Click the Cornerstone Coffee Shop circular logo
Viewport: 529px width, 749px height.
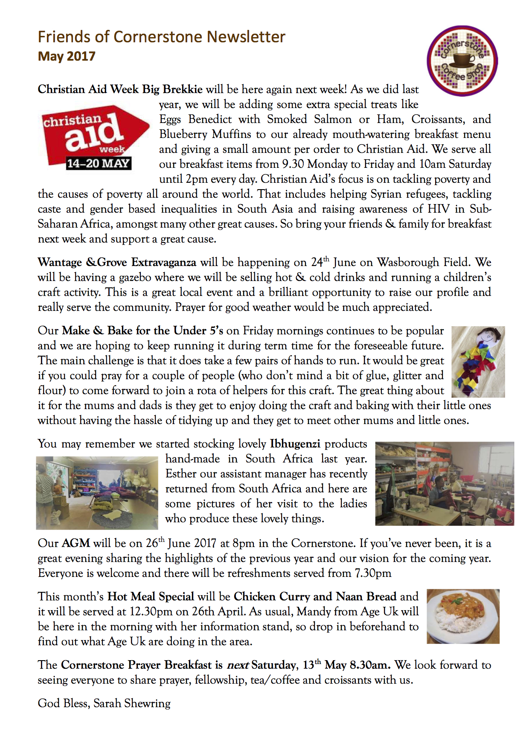462,61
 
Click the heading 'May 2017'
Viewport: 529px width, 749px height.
67,56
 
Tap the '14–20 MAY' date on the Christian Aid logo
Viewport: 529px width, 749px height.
98,164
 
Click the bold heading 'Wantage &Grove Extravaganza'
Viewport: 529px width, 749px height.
117,262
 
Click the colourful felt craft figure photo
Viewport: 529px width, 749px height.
478,362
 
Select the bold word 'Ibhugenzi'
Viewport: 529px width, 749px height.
295,444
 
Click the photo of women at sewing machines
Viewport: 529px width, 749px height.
444,483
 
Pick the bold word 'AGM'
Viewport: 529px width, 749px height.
76,543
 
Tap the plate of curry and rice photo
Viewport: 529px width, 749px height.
463,616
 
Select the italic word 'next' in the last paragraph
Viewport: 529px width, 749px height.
238,665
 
